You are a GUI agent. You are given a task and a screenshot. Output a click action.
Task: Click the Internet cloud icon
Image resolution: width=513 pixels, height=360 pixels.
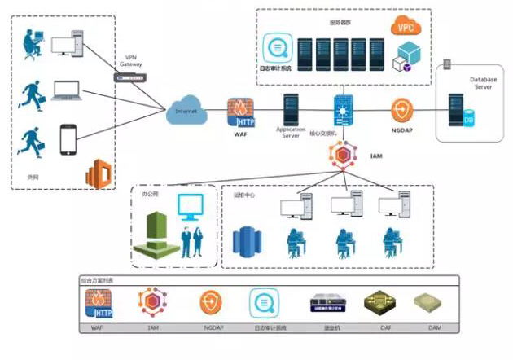pos(186,112)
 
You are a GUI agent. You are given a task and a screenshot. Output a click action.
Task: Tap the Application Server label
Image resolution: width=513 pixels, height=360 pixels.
pos(291,133)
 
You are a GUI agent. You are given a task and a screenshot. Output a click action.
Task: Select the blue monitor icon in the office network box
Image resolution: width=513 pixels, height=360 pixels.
pos(192,207)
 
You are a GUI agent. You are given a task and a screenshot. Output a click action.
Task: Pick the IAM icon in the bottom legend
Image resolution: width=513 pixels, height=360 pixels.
pos(152,302)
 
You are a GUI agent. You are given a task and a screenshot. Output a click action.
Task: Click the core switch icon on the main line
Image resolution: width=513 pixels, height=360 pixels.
pos(341,109)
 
